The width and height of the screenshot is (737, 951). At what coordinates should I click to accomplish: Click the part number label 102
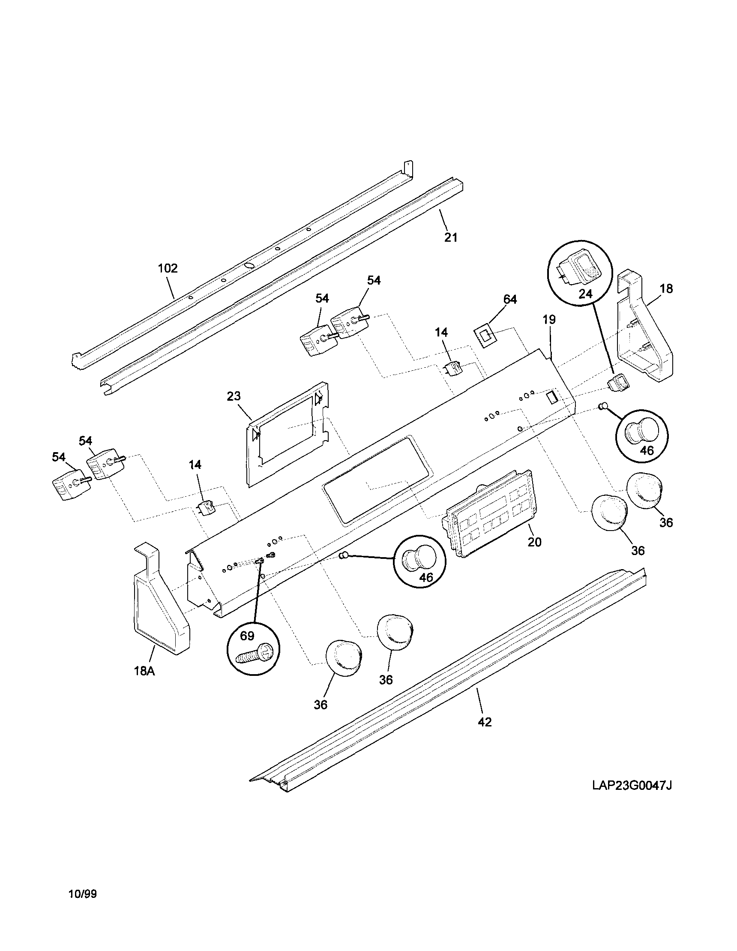tap(168, 268)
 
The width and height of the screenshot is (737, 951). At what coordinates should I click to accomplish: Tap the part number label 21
tap(451, 237)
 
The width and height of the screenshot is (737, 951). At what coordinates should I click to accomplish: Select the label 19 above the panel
tap(549, 320)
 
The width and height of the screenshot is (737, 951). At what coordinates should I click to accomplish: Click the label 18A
tap(144, 671)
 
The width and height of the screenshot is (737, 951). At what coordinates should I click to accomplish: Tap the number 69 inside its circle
tap(247, 636)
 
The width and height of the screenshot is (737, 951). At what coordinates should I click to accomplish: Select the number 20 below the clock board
tap(535, 542)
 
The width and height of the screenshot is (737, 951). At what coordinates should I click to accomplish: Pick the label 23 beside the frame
tap(234, 396)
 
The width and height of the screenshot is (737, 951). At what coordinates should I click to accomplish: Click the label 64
tap(510, 300)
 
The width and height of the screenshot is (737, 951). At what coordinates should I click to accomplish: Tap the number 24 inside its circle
tap(585, 294)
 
